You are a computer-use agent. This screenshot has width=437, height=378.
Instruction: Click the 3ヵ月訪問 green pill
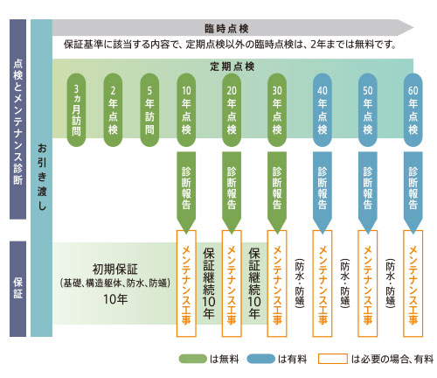tap(76, 110)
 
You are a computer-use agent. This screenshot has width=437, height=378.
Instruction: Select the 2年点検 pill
tap(113, 110)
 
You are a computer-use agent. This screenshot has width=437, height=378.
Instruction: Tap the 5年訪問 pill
tap(149, 110)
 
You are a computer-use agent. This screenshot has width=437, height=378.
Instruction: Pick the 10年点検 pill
tap(186, 110)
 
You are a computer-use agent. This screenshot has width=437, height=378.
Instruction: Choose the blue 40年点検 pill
tap(323, 110)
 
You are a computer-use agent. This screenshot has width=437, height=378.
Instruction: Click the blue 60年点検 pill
tap(413, 110)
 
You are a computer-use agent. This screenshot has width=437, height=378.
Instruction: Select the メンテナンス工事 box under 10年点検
tap(186, 283)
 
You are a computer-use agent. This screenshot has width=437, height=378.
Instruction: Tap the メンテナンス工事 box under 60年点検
tap(413, 283)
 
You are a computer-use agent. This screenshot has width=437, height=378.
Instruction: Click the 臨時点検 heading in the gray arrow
tap(226, 29)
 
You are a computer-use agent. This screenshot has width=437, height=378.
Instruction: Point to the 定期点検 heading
tap(232, 66)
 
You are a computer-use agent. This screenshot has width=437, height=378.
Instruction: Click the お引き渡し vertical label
tap(42, 177)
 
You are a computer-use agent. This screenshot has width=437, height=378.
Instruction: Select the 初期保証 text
tap(114, 269)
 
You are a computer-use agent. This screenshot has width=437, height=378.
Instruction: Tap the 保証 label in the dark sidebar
tap(17, 288)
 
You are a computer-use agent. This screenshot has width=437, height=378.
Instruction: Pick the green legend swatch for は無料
tap(192, 359)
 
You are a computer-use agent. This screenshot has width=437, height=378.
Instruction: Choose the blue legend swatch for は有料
tap(261, 359)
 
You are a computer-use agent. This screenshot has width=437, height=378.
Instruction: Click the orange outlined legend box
tap(333, 359)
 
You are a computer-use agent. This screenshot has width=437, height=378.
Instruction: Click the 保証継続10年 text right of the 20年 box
tap(254, 283)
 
